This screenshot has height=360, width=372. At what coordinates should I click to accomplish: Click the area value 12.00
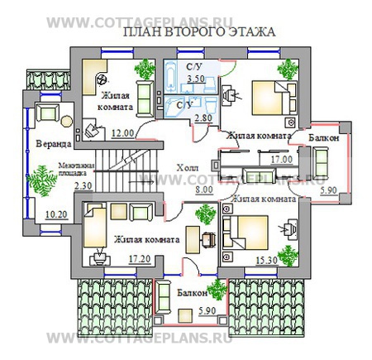click(x=123, y=132)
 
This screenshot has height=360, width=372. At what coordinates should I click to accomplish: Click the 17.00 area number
click(x=282, y=158)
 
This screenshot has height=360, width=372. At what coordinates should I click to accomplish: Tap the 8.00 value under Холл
click(x=203, y=189)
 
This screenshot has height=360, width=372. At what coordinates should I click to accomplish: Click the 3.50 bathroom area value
click(x=195, y=79)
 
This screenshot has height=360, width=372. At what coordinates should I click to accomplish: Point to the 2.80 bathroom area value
click(x=203, y=119)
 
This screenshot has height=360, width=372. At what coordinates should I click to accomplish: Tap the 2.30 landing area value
click(x=82, y=186)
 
